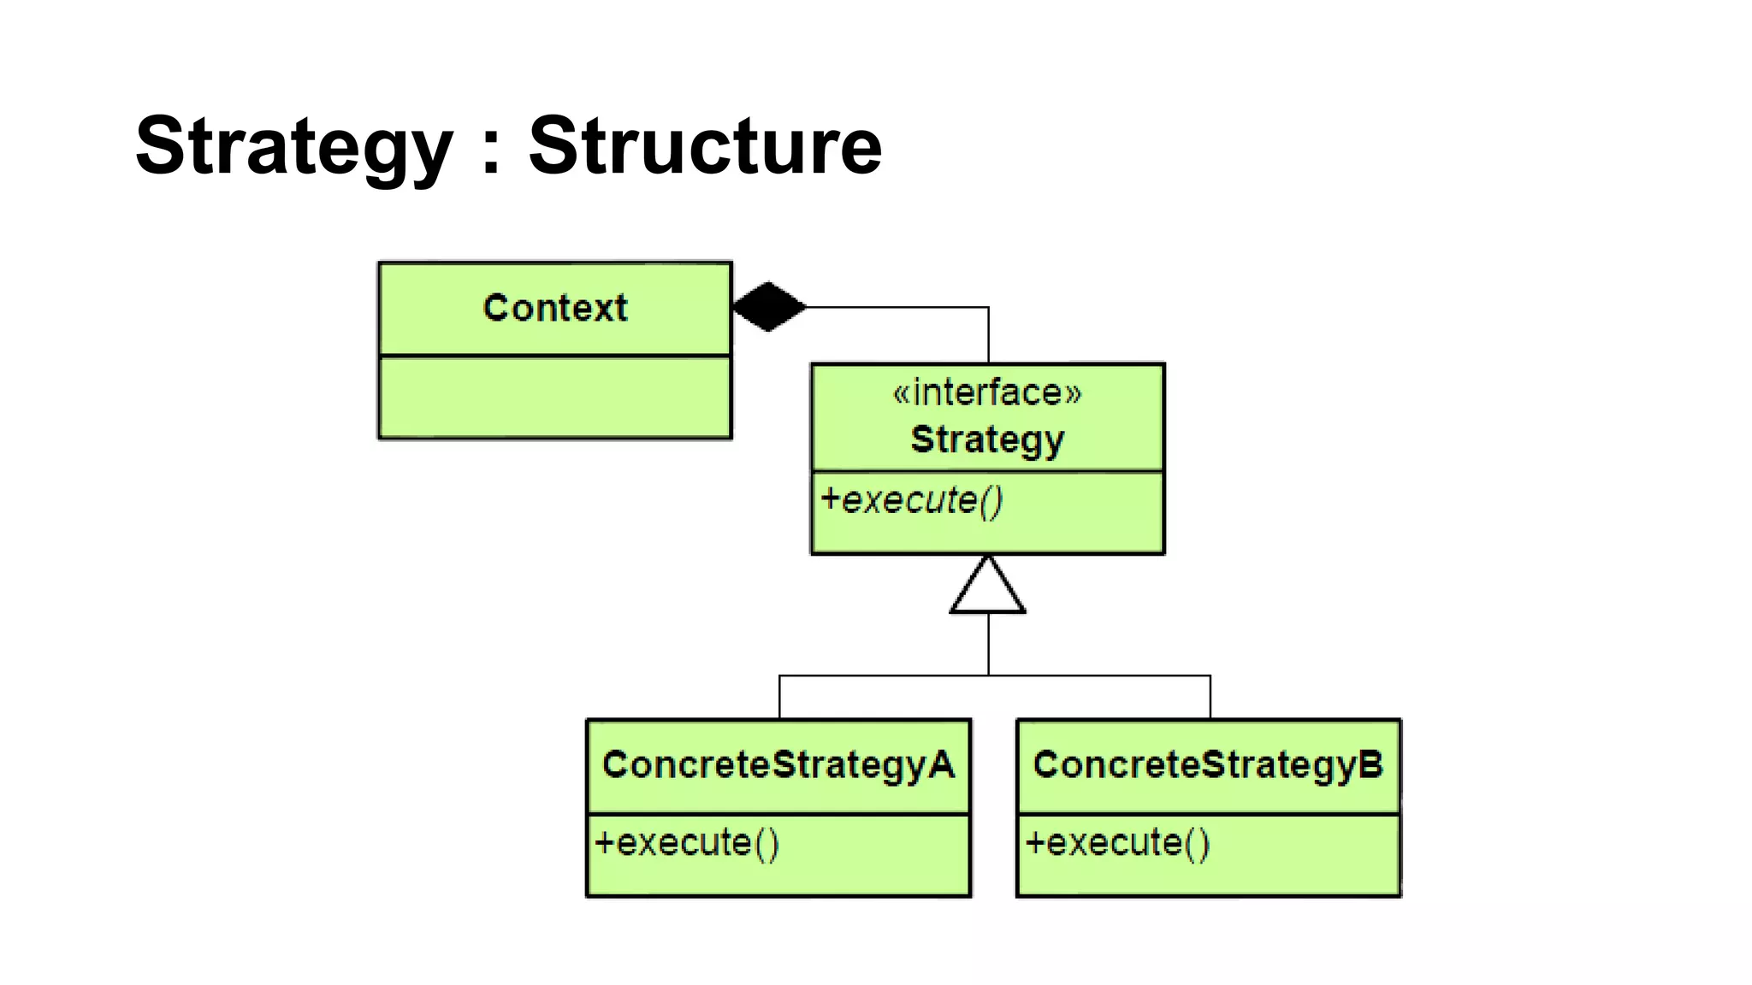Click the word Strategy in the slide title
293,147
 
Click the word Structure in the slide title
704,147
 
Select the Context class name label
555,308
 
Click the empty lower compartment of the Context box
555,398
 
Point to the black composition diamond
769,306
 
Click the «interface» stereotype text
987,392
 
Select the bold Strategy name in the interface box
987,439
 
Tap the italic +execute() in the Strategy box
912,500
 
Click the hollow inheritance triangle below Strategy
987,590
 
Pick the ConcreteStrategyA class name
778,764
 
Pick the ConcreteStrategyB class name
1207,764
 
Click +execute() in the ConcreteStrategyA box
687,843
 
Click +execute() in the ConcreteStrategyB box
1118,843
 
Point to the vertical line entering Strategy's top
989,335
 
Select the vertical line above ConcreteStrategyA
779,697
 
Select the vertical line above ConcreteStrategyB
1210,697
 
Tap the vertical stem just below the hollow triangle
989,643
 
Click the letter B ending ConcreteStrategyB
1370,764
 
